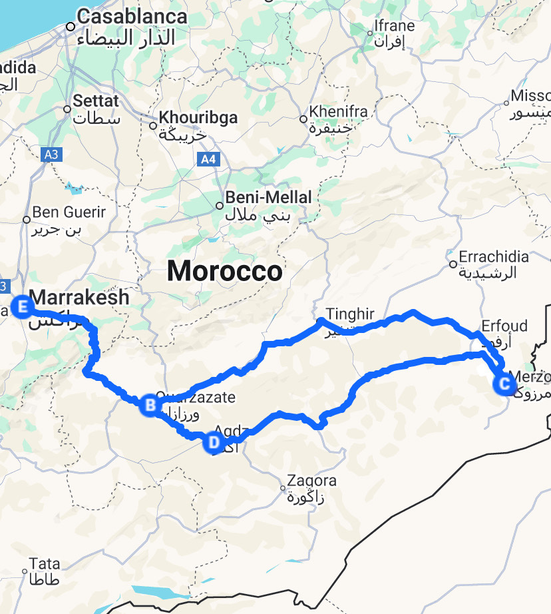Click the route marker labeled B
(150, 404)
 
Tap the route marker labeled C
(503, 384)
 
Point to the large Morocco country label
(224, 271)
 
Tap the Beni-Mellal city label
(268, 198)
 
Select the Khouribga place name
(198, 118)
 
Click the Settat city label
(95, 102)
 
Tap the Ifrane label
(395, 27)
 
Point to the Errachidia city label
(494, 257)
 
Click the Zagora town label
(311, 481)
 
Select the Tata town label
(45, 564)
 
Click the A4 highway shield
(208, 159)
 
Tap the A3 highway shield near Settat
(51, 155)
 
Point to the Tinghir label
(350, 314)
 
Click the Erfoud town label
(504, 326)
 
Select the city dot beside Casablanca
(70, 27)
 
